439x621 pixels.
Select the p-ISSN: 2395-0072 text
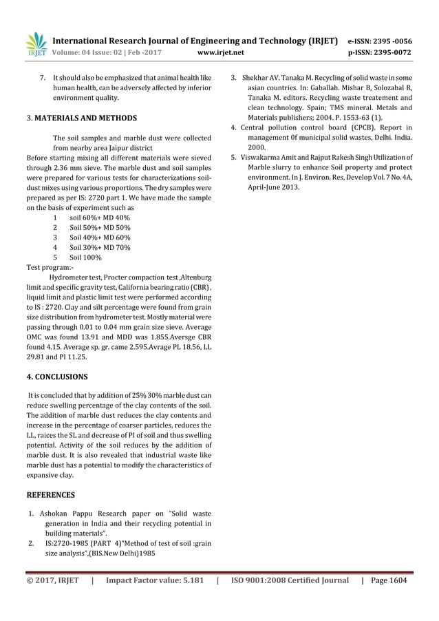tap(381, 51)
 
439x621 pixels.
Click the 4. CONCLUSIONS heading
tap(56, 377)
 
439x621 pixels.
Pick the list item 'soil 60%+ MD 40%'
tap(100, 217)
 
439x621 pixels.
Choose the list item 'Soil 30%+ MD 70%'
tap(100, 247)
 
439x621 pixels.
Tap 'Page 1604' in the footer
tap(389, 580)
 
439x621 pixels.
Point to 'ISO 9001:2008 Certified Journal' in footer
tap(290, 580)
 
